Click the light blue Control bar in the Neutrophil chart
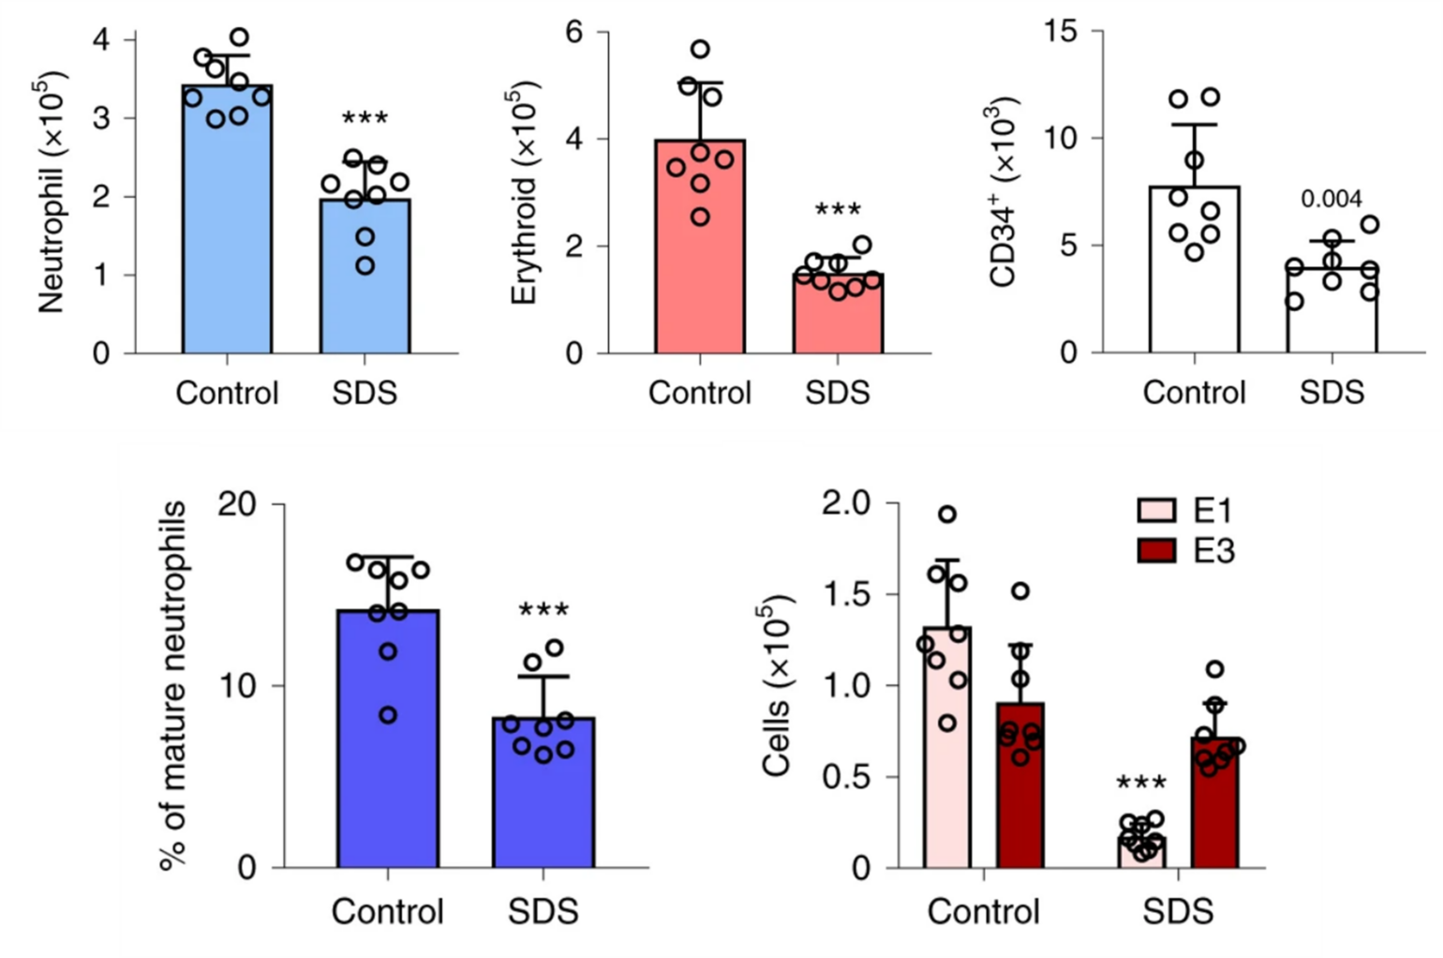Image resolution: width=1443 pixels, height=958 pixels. [227, 225]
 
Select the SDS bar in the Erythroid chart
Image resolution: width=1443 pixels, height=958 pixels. [838, 315]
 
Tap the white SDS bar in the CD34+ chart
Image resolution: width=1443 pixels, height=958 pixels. [1331, 314]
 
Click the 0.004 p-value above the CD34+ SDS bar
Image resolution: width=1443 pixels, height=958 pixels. [1331, 199]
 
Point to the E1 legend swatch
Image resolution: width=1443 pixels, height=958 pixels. [1156, 510]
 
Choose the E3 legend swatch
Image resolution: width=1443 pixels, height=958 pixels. [1156, 550]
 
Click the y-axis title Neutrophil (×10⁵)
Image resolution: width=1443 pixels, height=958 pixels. [52, 191]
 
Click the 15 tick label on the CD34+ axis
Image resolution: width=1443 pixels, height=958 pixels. [1062, 32]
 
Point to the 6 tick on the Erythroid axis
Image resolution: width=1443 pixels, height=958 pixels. [573, 32]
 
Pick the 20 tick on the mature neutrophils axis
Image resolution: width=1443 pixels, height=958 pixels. [236, 504]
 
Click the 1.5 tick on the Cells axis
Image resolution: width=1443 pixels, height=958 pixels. [846, 595]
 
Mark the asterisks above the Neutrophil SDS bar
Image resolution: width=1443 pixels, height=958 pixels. [364, 120]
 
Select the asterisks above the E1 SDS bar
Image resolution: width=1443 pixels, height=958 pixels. [1141, 784]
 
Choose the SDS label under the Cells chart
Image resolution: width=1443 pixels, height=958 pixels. [1178, 911]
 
